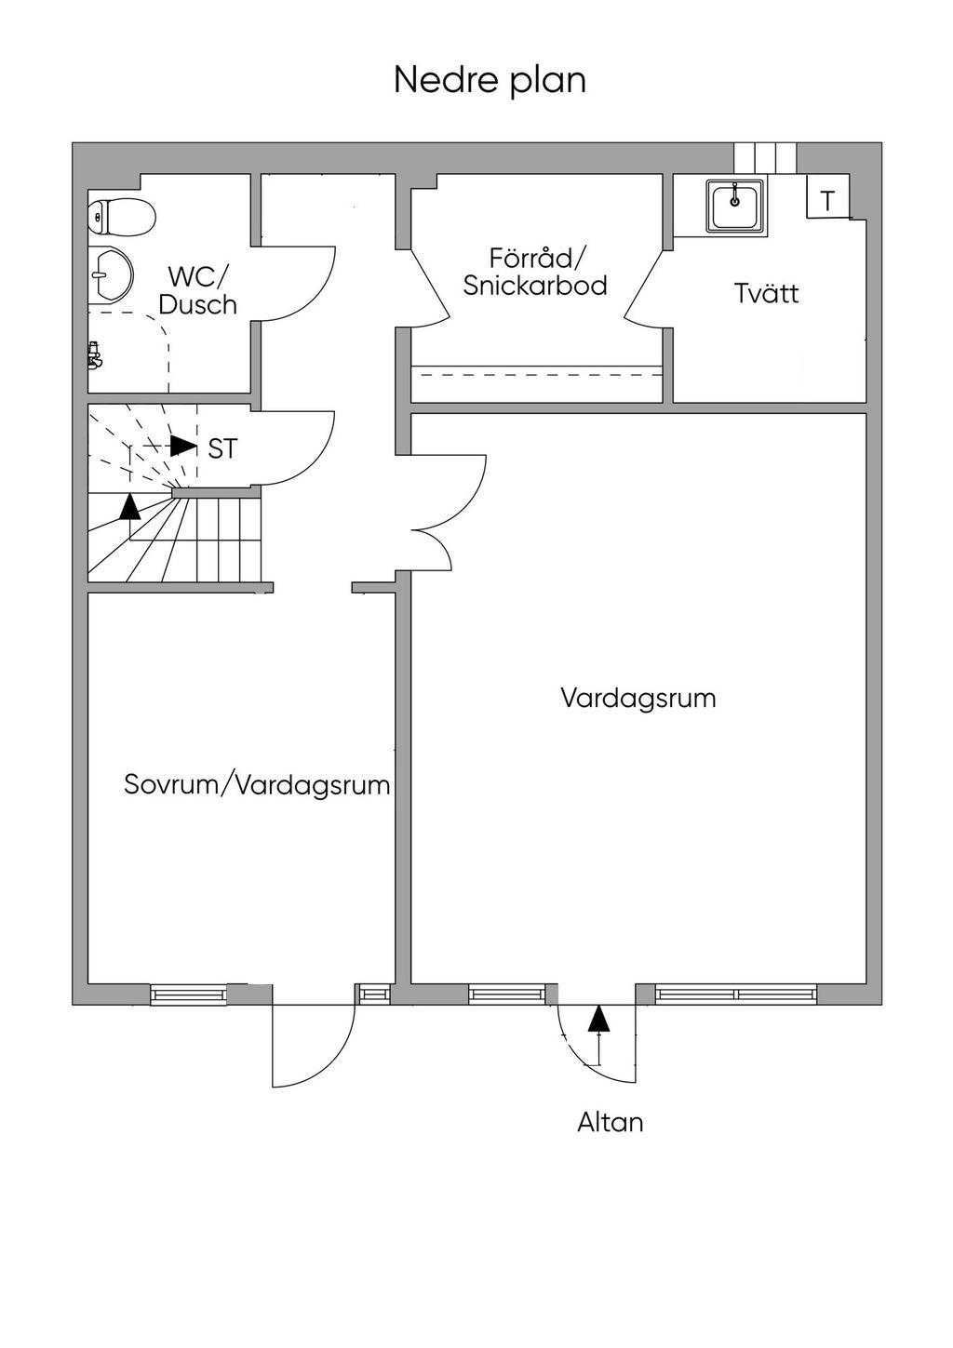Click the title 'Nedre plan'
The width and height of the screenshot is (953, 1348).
(490, 80)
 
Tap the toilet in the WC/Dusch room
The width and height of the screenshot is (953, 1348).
(120, 217)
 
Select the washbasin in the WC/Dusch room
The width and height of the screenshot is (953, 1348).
(111, 275)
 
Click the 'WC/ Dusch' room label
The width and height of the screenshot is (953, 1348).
(197, 290)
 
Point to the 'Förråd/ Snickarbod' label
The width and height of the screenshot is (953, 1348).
(534, 272)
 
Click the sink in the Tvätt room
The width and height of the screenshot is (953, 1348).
(735, 206)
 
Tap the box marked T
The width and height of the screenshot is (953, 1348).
(827, 200)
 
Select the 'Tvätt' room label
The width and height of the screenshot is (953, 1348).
(766, 294)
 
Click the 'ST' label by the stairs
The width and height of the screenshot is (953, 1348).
(222, 449)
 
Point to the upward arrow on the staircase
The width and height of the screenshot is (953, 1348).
(130, 507)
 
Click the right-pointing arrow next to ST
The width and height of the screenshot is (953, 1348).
(183, 446)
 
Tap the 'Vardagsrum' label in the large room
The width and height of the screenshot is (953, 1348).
(638, 699)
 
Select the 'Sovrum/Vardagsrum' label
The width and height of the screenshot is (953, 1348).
(257, 785)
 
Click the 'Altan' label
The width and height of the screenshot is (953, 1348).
(610, 1122)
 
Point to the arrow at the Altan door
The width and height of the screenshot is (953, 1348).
(598, 1021)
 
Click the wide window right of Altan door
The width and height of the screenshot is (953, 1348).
(736, 994)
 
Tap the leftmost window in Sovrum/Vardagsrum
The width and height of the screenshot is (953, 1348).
(188, 994)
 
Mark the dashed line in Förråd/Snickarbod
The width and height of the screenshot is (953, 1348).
(537, 375)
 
